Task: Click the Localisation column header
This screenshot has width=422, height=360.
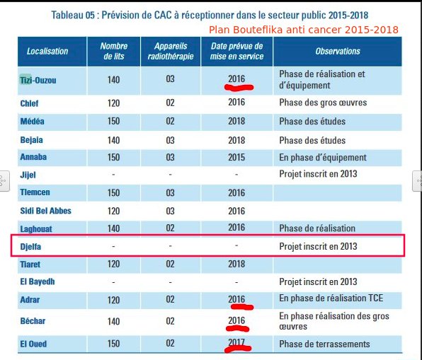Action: click(x=47, y=51)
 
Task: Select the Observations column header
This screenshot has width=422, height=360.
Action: click(x=338, y=51)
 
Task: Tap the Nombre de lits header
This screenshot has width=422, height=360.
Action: click(x=114, y=51)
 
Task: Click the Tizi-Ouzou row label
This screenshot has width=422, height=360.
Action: click(x=38, y=80)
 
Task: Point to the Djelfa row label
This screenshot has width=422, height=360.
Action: click(x=30, y=247)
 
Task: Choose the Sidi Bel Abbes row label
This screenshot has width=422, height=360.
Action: click(x=46, y=211)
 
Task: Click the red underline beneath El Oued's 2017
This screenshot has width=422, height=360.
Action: click(x=238, y=349)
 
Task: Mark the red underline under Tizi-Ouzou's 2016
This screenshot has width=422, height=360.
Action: click(x=239, y=88)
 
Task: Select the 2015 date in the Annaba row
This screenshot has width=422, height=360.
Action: click(x=236, y=157)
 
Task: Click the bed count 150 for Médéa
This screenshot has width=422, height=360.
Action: click(x=113, y=121)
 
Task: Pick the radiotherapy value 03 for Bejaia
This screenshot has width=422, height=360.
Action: click(x=170, y=140)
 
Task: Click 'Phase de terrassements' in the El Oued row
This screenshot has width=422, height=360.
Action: click(x=324, y=344)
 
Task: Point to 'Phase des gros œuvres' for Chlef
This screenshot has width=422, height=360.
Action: click(x=323, y=103)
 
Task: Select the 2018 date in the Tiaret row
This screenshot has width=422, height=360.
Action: click(x=236, y=264)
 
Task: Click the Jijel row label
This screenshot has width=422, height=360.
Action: click(x=28, y=175)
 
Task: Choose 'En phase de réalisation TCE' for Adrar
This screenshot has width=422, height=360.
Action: click(x=331, y=298)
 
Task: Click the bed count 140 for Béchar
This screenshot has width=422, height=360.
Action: click(x=113, y=321)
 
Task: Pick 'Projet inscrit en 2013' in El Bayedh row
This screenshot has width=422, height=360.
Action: click(x=318, y=281)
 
